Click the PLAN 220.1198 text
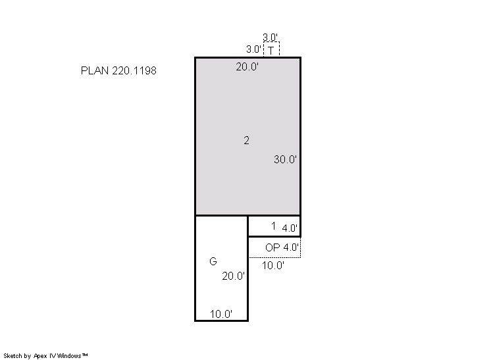tap(118, 70)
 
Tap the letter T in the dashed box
tap(271, 50)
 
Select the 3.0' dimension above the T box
tap(271, 38)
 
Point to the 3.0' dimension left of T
tap(253, 49)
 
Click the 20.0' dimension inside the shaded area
tap(247, 66)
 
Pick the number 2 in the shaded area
tap(246, 140)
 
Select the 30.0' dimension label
tap(285, 159)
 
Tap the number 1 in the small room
tap(273, 226)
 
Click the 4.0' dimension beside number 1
tap(290, 228)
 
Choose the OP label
tap(272, 247)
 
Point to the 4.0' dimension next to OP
tap(291, 247)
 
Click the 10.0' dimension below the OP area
tap(273, 265)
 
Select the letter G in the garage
tap(213, 261)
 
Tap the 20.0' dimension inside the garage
tap(233, 276)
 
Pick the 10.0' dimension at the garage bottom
tap(221, 314)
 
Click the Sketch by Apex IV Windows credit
tap(45, 355)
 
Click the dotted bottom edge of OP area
tap(274, 257)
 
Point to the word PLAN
tap(95, 70)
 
